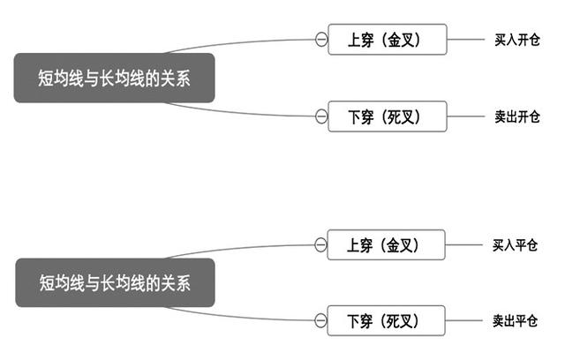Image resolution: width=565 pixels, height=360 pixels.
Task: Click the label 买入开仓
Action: point(516,40)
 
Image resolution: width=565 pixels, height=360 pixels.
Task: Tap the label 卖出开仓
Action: point(516,116)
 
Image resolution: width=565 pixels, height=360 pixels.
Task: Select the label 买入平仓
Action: point(515,244)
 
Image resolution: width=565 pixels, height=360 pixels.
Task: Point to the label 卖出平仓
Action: point(515,319)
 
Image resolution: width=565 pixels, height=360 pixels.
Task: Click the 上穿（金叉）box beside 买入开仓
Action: point(388,40)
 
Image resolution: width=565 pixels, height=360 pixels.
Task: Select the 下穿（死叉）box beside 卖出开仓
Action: point(388,116)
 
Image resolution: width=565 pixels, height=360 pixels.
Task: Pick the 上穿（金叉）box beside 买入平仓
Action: point(386,244)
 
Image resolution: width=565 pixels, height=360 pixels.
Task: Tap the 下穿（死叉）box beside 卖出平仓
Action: point(386,319)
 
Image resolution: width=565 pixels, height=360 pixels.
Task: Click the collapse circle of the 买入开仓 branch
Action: point(320,40)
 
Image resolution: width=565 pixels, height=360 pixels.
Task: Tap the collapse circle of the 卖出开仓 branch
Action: point(320,116)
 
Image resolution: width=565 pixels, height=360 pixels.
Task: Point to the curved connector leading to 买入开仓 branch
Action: point(238,44)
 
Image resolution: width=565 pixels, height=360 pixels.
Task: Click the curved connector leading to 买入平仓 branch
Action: point(238,249)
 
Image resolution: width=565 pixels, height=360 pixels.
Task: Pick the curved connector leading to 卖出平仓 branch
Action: point(238,315)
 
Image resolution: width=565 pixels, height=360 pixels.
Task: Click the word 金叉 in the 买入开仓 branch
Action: point(403,40)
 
